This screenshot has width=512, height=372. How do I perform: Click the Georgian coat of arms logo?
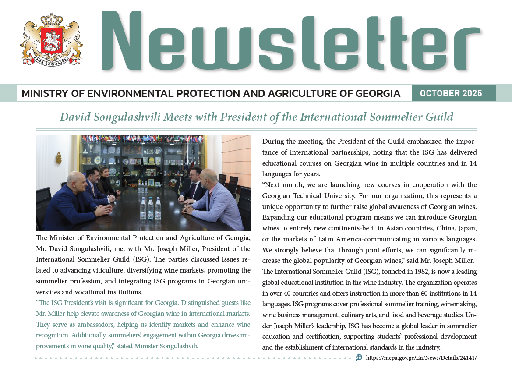point(52,40)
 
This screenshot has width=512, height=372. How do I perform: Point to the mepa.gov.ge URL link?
point(421,358)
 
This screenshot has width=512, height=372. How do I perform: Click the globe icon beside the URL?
point(359,357)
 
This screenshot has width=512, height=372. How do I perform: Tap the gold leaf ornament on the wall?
point(58,158)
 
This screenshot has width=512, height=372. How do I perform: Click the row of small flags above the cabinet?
point(140,138)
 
